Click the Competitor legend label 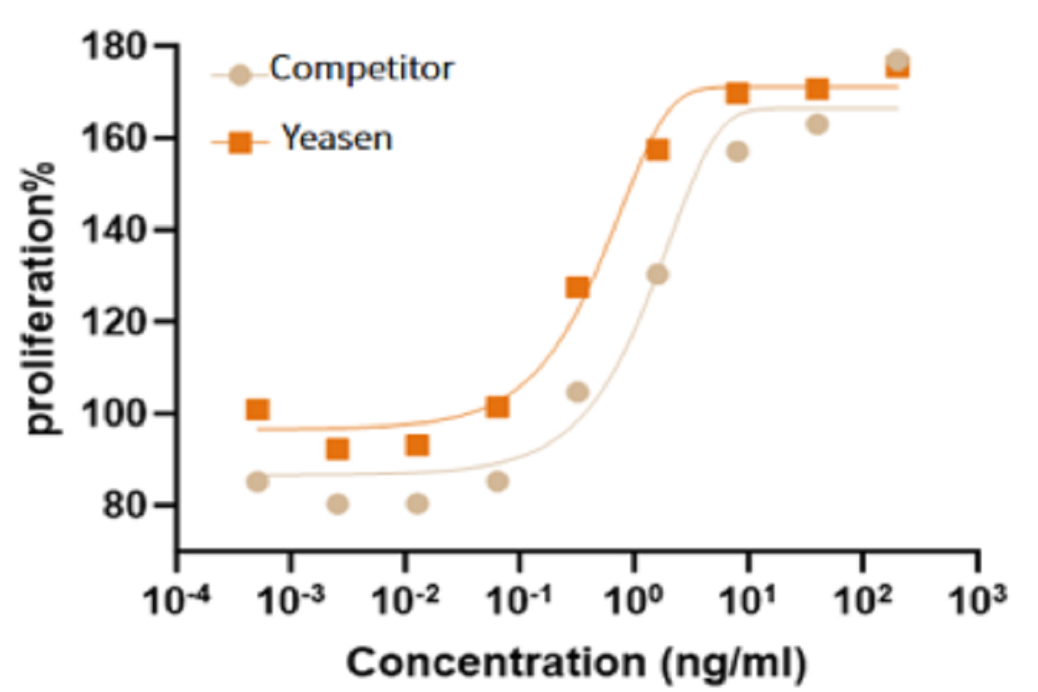point(361,68)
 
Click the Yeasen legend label point(336,138)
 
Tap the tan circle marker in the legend point(240,75)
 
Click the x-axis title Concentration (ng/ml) point(577,663)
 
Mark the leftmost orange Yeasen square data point point(257,409)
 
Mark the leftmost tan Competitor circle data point point(257,482)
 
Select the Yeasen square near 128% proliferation point(577,287)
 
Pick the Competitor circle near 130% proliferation point(657,274)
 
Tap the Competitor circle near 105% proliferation point(577,392)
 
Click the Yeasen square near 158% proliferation point(657,150)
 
